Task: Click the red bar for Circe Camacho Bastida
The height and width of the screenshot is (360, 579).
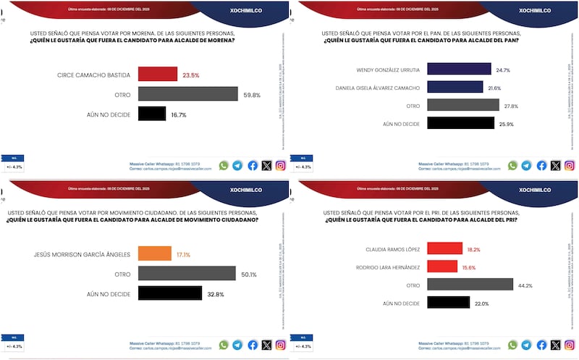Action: pos(157,74)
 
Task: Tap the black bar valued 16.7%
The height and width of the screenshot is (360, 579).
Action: pos(152,114)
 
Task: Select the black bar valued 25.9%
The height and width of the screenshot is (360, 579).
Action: pos(460,123)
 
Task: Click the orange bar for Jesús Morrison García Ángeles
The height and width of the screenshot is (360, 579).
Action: pos(153,255)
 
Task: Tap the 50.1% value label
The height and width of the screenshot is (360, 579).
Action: pos(250,274)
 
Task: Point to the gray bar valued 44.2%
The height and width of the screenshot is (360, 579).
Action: pos(470,284)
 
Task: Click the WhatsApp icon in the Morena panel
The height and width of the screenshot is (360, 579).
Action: pos(224,165)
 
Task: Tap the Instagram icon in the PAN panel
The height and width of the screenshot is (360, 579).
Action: pos(570,165)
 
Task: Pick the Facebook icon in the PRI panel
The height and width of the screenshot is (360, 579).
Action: pos(541,346)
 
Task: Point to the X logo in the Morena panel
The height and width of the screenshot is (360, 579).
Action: pos(266,165)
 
